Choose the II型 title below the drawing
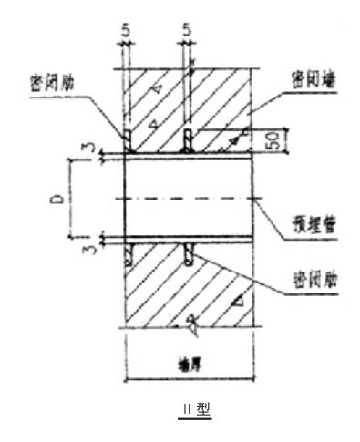coord(193,411)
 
